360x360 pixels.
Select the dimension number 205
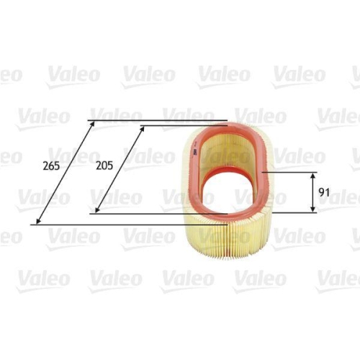(x=105, y=165)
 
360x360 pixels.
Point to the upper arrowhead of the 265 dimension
(x=92, y=124)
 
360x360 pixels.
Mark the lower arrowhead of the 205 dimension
(x=96, y=210)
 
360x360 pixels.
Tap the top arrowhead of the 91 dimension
(x=313, y=176)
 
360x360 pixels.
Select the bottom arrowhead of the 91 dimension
(x=313, y=210)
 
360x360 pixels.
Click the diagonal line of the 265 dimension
(x=66, y=173)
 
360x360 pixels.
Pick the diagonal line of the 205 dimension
(x=120, y=168)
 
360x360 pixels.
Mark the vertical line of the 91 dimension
(x=313, y=193)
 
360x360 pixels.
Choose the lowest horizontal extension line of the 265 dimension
(x=108, y=224)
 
